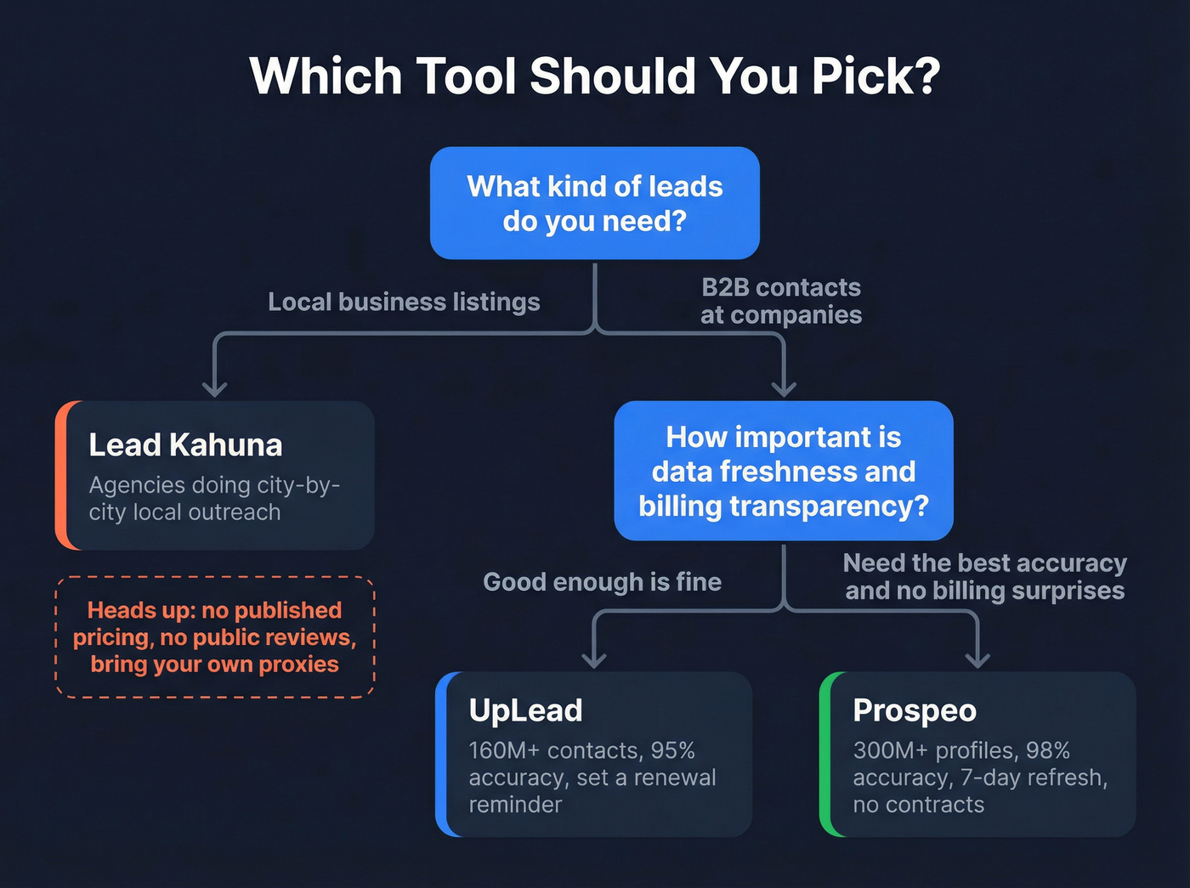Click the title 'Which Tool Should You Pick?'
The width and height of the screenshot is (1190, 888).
(x=595, y=76)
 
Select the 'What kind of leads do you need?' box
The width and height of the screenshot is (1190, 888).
(x=595, y=203)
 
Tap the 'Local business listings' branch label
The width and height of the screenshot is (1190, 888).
(x=404, y=302)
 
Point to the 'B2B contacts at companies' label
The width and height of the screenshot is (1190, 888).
(x=781, y=301)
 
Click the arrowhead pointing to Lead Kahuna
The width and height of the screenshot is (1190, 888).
(x=215, y=389)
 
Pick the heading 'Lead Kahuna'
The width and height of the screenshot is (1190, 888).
(x=185, y=444)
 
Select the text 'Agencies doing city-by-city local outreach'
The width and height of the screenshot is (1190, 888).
(x=214, y=498)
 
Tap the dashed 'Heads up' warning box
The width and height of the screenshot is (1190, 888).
(x=215, y=637)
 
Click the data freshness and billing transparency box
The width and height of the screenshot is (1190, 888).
(x=784, y=471)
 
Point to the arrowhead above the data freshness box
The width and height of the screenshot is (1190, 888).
(x=784, y=389)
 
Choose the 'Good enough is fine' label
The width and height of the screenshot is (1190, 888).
(x=602, y=581)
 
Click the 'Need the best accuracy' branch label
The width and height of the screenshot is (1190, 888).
(x=984, y=576)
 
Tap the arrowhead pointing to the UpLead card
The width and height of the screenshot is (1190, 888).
(x=594, y=659)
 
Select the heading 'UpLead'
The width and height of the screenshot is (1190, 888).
(x=525, y=710)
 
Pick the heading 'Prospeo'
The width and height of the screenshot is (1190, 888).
(x=915, y=710)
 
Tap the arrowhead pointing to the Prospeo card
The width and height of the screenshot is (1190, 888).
(x=978, y=659)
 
